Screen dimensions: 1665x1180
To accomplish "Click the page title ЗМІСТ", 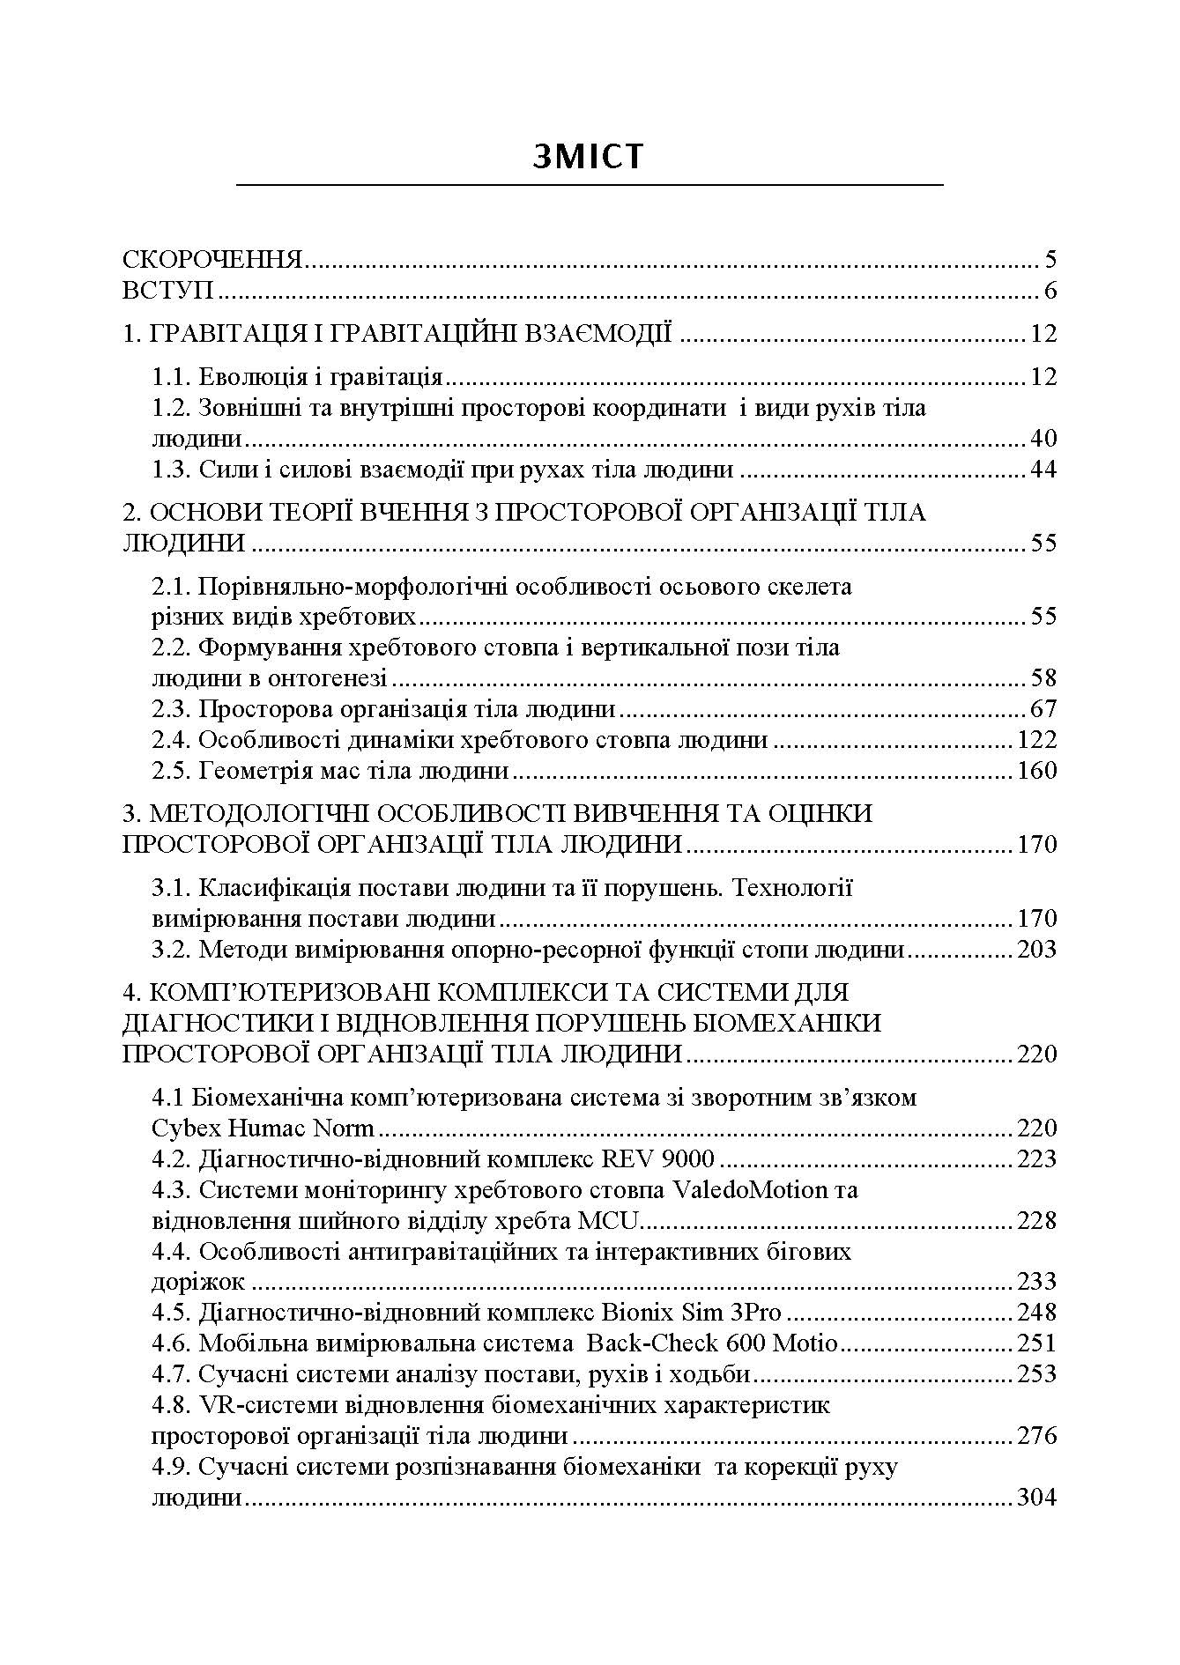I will click(x=589, y=156).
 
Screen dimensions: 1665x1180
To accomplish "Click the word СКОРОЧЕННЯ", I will click(x=212, y=260).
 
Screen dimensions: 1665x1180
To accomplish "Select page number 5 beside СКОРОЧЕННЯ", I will click(x=1049, y=260).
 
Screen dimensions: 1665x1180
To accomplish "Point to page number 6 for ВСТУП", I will click(x=1049, y=291).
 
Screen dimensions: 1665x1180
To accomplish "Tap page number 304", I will click(x=1036, y=1498).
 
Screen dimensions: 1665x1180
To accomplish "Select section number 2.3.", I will click(x=171, y=709).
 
